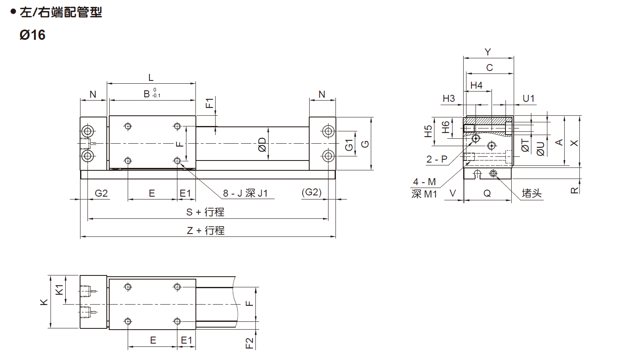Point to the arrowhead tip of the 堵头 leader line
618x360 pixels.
tap(496, 175)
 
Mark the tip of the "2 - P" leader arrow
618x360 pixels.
tap(474, 140)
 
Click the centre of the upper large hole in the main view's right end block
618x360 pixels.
tap(328, 131)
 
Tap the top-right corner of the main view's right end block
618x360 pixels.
tap(336, 117)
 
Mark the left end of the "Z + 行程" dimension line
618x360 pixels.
tap(80, 236)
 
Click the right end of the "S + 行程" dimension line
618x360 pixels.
tap(328, 219)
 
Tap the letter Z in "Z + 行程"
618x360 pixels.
tap(190, 230)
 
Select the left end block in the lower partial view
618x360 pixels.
tap(93, 302)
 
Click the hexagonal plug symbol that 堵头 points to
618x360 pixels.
tap(493, 173)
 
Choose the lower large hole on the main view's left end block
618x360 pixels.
tap(88, 156)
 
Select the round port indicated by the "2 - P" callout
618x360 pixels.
tap(476, 138)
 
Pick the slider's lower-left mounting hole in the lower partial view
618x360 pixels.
tap(128, 321)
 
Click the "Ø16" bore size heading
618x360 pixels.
tap(32, 35)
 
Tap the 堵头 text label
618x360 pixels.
tap(532, 193)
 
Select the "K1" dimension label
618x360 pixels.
tap(60, 290)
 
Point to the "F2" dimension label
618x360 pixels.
tap(249, 344)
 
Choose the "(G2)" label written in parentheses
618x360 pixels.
tap(312, 192)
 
